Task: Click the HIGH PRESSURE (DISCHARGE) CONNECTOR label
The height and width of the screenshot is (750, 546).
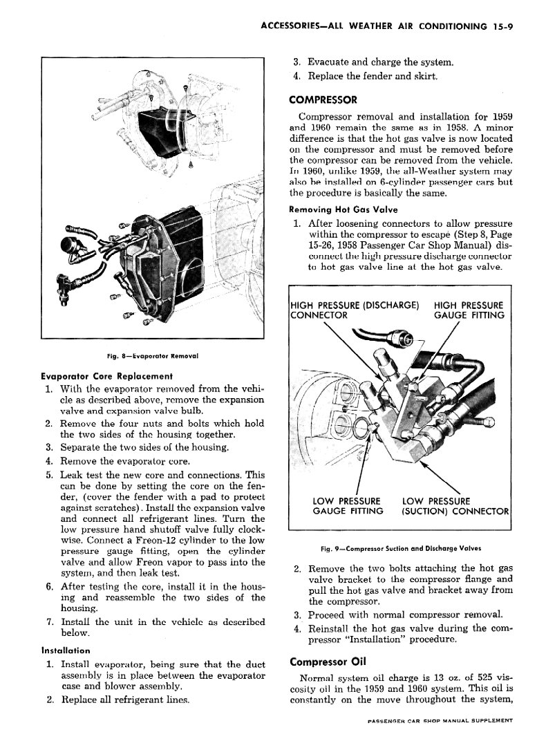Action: (354, 310)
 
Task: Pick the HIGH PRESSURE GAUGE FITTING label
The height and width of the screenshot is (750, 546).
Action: (469, 310)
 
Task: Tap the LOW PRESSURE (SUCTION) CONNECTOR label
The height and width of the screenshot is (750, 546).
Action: (455, 505)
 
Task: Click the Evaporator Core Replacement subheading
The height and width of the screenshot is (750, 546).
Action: (107, 377)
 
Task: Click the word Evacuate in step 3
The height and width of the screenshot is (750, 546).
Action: (330, 62)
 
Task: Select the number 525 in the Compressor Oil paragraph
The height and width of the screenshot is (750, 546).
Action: (471, 677)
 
